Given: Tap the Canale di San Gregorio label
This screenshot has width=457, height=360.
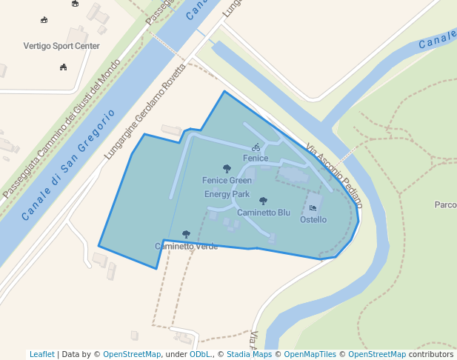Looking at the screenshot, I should tap(68, 164).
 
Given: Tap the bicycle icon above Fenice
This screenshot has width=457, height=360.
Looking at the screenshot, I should tap(256, 147).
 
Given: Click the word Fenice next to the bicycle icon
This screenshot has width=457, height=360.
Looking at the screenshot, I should tap(256, 159).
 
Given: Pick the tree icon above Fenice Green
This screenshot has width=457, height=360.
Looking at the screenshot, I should tap(227, 169).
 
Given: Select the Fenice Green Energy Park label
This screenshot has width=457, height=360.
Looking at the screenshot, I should tap(227, 187).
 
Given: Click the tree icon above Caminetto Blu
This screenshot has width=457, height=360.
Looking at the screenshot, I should tap(263, 201).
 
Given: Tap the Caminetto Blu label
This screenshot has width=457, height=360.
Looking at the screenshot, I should tap(264, 213).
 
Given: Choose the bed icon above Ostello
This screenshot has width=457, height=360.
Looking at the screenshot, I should tap(313, 208).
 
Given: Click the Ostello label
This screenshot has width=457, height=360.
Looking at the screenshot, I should tap(313, 220).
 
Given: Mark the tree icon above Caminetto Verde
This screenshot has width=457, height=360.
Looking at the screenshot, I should tap(186, 234).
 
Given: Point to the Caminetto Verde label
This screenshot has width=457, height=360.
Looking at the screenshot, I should tap(186, 246).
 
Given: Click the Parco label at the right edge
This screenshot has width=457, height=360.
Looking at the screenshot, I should tap(445, 204).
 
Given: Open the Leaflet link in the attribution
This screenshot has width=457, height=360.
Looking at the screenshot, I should tap(41, 354).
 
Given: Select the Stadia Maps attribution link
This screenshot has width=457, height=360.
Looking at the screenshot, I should tap(249, 354).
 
